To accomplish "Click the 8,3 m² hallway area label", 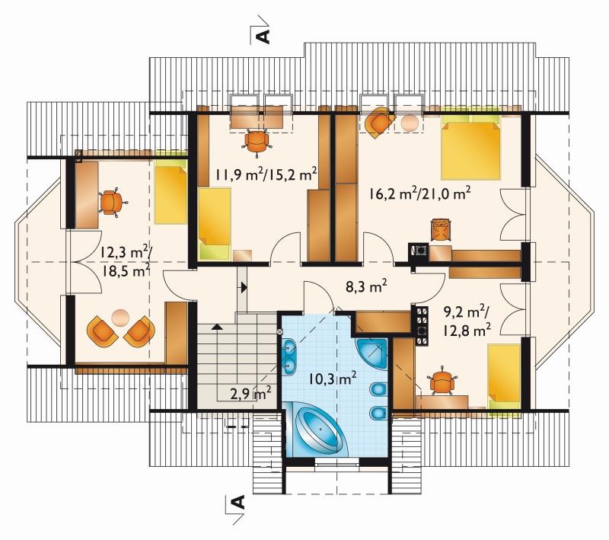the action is pos(366,287).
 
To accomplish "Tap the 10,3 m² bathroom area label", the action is pos(333,378).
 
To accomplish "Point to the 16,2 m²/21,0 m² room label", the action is pos(420,193).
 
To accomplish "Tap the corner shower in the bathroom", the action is pos(371,354).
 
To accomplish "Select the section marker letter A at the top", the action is pos(263,35).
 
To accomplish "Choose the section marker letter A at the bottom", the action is pos(238,502).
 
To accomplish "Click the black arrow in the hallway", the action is pos(244,287).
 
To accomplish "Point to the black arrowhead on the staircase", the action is pos(217,326).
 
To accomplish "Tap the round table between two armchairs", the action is pos(120,318).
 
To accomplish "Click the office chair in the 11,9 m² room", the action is pos(257,142).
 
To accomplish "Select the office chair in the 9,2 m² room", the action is pos(442,382).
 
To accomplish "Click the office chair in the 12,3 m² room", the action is pos(112,203).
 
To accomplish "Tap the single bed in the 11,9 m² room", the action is pos(215,224).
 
